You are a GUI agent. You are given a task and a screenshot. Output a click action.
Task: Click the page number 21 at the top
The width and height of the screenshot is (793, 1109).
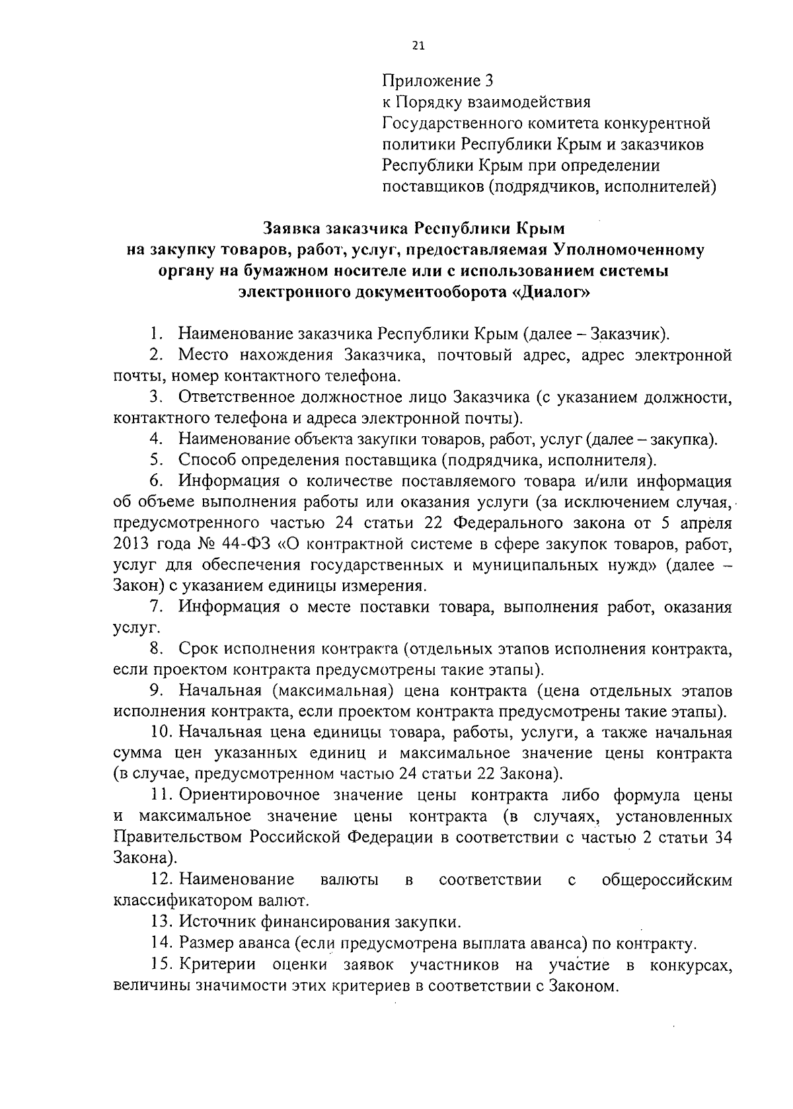418,46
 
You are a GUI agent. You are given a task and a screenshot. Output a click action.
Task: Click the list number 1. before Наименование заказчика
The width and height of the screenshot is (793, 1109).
157,334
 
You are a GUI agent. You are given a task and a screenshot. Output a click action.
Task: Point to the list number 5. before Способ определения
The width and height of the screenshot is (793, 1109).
157,460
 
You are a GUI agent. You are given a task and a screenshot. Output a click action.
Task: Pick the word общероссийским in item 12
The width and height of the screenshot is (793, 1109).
667,880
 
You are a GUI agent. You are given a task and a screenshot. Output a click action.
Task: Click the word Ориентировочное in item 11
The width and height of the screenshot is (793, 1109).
250,795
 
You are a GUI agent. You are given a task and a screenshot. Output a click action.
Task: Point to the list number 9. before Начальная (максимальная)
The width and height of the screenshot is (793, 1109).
157,691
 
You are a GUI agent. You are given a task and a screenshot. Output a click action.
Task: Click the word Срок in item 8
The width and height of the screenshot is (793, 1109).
198,649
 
